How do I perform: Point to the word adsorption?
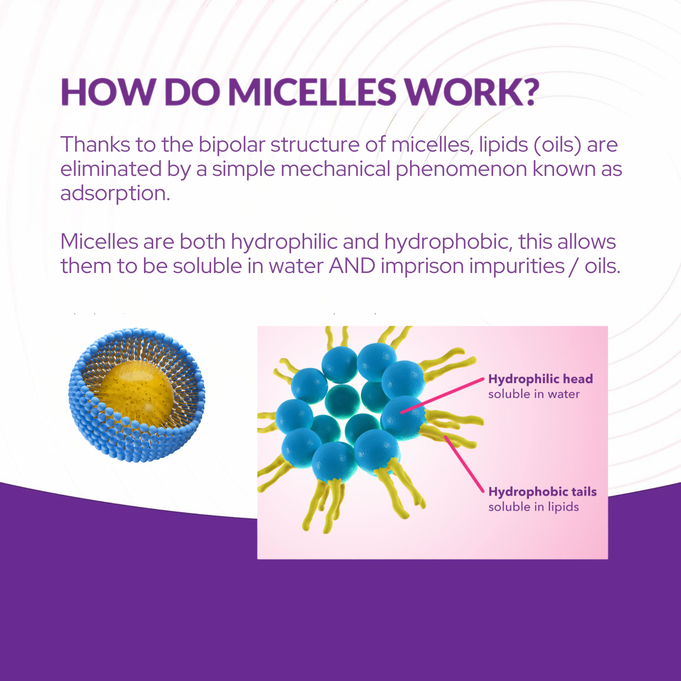(x=115, y=194)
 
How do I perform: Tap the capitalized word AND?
(x=352, y=266)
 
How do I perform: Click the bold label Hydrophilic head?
(x=540, y=379)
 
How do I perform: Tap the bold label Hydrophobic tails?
(x=542, y=492)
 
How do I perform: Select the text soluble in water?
(x=534, y=394)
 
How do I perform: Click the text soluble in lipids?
(x=533, y=507)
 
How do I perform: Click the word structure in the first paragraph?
(x=315, y=145)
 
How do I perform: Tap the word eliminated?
(x=111, y=169)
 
